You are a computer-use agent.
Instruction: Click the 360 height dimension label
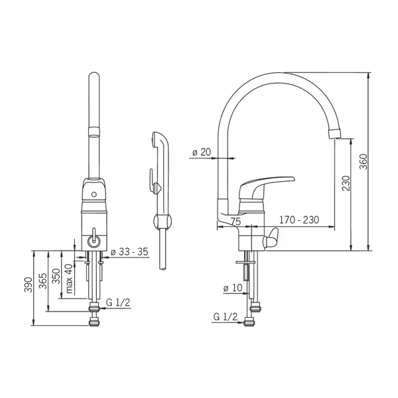364,162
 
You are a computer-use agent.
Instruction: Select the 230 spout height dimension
346,183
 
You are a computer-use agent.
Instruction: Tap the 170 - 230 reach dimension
299,220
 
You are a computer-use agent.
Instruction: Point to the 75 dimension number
235,222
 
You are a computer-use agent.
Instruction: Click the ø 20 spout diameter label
202,152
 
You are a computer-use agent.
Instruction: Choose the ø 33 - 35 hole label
129,251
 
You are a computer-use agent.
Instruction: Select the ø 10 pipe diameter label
233,288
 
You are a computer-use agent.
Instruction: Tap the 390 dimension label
28,285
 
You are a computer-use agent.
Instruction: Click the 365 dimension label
42,281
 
